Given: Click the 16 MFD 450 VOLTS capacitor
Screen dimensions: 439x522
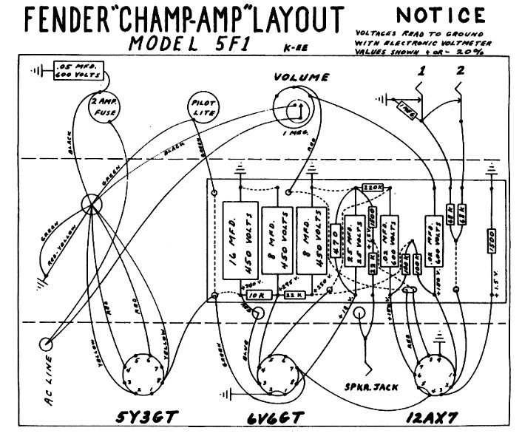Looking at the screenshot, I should tap(240, 240).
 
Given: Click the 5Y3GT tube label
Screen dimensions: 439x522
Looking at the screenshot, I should tap(144, 418).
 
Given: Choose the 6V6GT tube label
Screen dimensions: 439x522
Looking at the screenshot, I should tap(275, 418).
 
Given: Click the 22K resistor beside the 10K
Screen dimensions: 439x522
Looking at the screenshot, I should tap(294, 294).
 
